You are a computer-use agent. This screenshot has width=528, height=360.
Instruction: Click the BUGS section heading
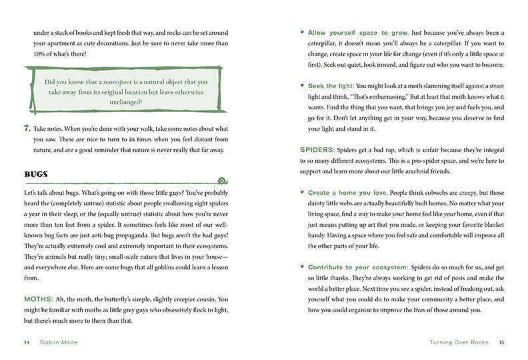34,175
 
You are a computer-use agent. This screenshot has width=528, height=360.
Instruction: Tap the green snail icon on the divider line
228,178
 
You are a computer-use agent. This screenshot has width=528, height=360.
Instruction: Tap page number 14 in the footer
27,342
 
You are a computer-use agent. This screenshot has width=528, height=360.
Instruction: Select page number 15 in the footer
502,342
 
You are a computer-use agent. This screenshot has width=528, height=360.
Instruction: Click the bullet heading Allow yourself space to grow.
358,33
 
